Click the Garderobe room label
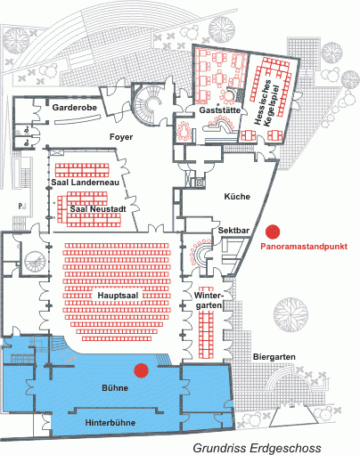75,108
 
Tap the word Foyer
121,137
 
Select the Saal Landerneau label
86,183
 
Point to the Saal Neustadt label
98,209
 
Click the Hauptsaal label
118,296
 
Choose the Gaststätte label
220,110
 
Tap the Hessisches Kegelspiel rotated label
267,102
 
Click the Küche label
237,197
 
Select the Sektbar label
233,231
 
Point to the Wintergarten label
209,300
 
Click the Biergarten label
274,357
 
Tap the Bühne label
115,388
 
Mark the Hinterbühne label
110,423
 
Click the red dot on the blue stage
141,370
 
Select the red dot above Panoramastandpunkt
273,232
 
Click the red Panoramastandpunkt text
304,247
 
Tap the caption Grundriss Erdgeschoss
258,448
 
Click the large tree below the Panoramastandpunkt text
290,315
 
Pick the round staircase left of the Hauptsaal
35,262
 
